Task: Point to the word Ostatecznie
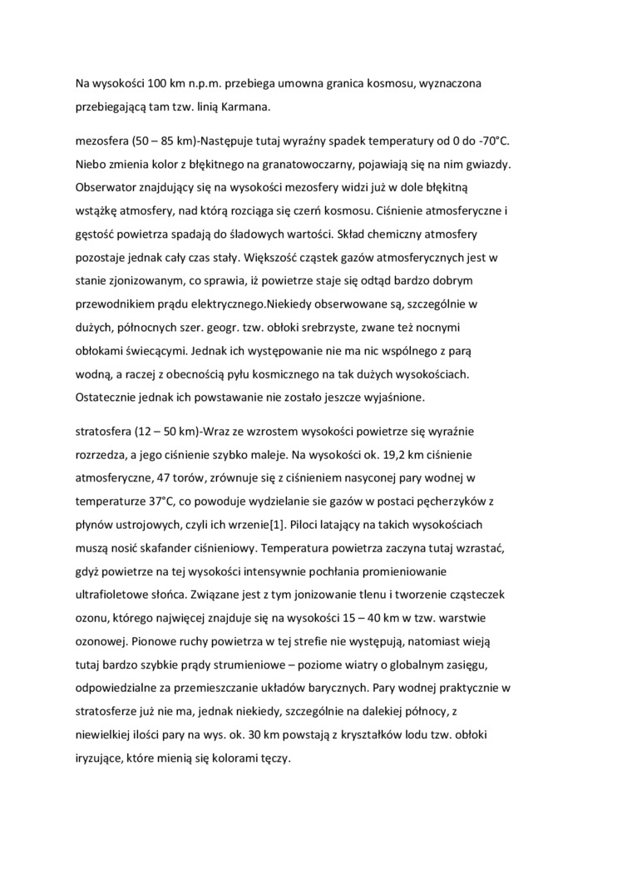pyautogui.click(x=109, y=398)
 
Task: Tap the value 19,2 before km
pyautogui.click(x=381, y=457)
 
